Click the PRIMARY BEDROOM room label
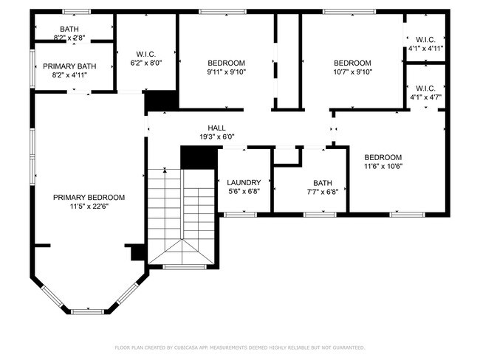point(89,197)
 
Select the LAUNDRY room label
point(244,182)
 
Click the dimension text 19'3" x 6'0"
point(216,136)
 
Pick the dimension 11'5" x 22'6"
point(89,207)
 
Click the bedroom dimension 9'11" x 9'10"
point(226,72)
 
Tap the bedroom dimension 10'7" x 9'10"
point(352,72)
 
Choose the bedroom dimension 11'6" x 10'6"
point(383,167)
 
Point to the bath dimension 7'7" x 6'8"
point(323,193)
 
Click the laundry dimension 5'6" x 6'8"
point(244,192)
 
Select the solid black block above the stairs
point(197,157)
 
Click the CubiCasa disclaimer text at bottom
point(240,347)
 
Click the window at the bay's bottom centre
point(88,311)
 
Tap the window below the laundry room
point(236,214)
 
